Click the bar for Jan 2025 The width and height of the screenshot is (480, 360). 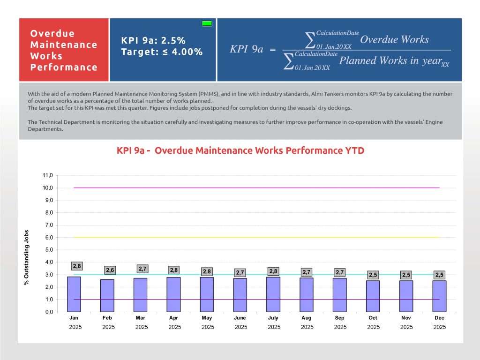[74, 294]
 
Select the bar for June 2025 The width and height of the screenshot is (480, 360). [240, 295]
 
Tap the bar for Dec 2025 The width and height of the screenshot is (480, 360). [439, 296]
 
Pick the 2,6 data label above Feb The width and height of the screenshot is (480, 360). [110, 270]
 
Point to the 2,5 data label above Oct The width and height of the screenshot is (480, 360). [373, 275]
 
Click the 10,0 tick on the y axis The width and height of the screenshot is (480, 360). [47, 188]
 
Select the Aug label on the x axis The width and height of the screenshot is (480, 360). [307, 318]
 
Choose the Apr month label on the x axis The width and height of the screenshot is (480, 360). [174, 318]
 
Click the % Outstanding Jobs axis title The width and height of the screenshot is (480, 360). [27, 257]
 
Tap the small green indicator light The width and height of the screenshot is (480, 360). [207, 23]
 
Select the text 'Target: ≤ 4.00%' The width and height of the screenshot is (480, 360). [162, 52]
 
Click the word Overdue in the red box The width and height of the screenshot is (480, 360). [52, 34]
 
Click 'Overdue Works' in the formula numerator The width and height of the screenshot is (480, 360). [394, 39]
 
